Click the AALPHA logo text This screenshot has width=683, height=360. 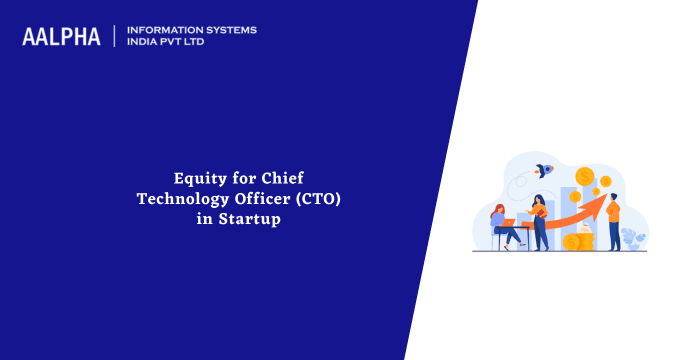pyautogui.click(x=61, y=37)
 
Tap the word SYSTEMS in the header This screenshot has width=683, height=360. pyautogui.click(x=229, y=30)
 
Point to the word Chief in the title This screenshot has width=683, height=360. pyautogui.click(x=262, y=179)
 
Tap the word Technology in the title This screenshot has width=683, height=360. pyautogui.click(x=181, y=199)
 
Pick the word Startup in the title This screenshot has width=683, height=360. pyautogui.click(x=252, y=219)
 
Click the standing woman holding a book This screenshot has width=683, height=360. pyautogui.click(x=540, y=220)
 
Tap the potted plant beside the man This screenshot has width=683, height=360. pyautogui.click(x=632, y=237)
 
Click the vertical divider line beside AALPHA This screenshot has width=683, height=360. pyautogui.click(x=115, y=36)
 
